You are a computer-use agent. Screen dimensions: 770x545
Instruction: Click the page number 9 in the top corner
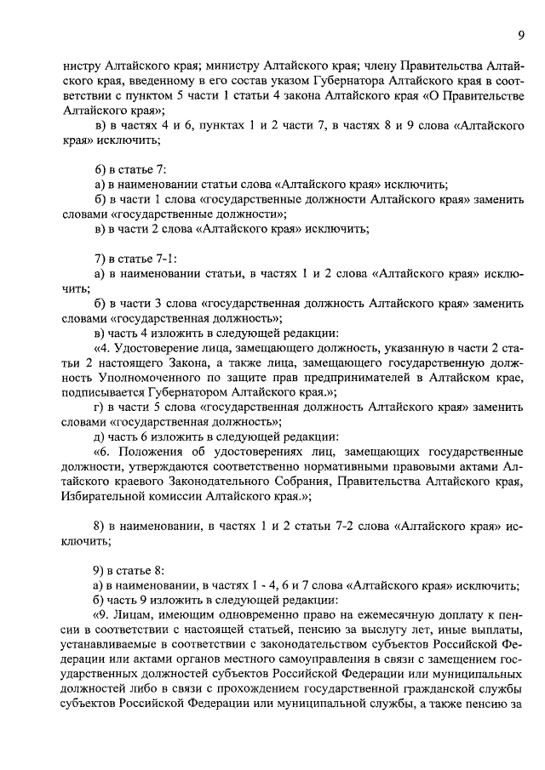(520, 34)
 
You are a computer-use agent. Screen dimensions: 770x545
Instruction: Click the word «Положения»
(146, 453)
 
